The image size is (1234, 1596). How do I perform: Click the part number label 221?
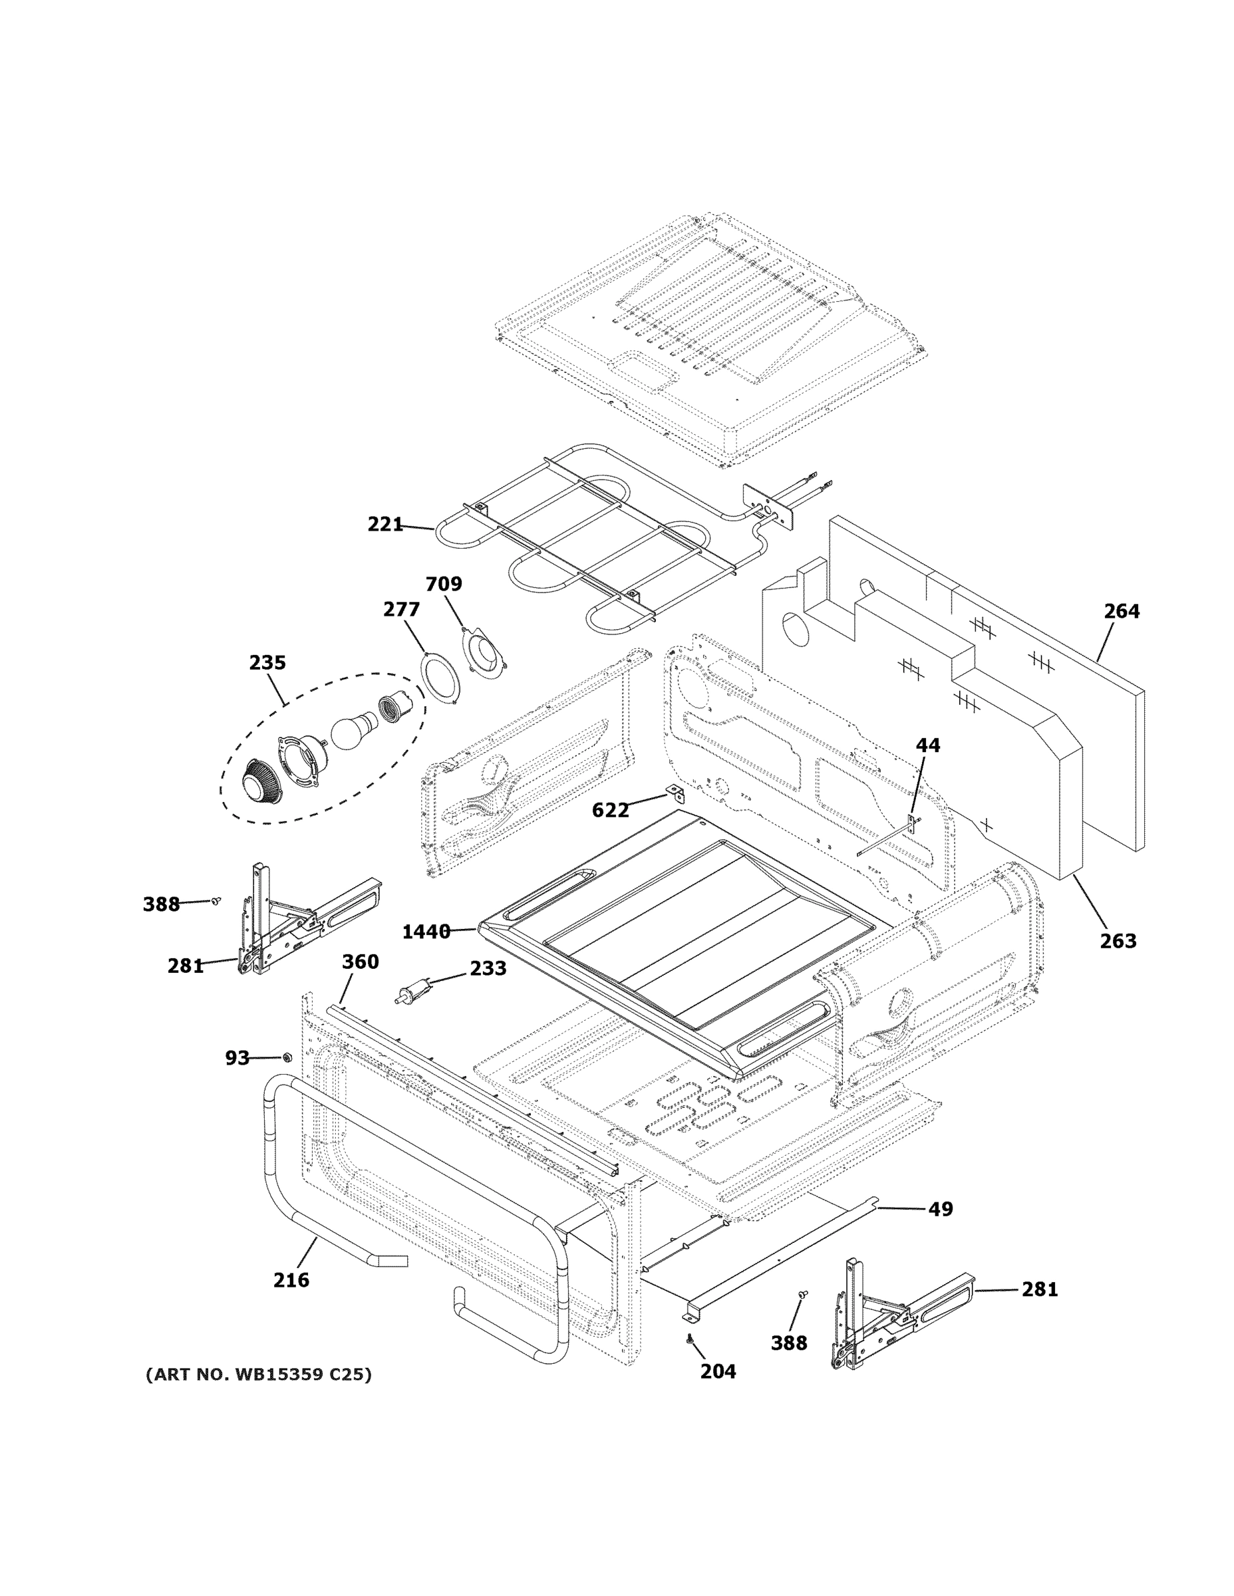[385, 524]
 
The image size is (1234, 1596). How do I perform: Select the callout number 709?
[444, 584]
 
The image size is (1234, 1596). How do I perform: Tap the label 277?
[401, 609]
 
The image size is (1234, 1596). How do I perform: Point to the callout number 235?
[267, 663]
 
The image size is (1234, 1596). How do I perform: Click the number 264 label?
[1122, 611]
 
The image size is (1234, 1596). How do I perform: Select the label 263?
[1118, 941]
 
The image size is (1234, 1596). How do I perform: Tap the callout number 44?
[928, 745]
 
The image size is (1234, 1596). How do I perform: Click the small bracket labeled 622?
[673, 792]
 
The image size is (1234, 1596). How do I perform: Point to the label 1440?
[426, 932]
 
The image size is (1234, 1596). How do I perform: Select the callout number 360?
[361, 962]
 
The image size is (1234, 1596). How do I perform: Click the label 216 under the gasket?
[291, 1280]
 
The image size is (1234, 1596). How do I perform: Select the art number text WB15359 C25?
[258, 1375]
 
